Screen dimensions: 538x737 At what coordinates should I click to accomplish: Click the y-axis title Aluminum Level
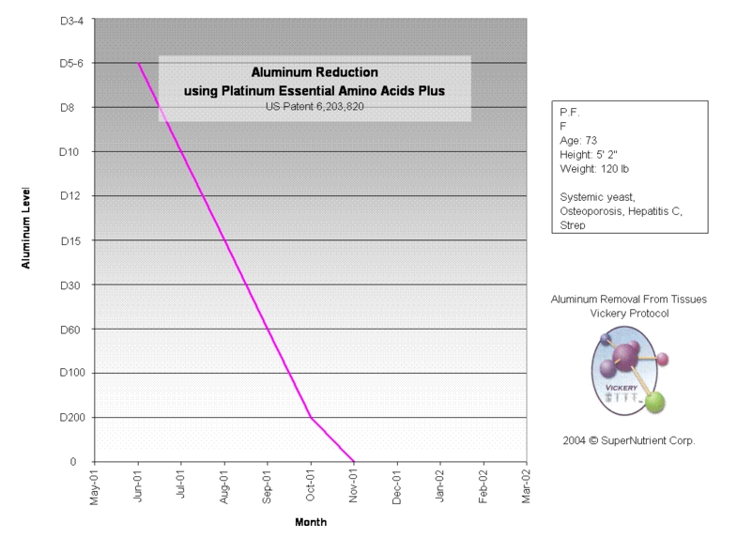click(27, 226)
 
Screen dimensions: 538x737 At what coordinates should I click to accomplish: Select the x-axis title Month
click(311, 523)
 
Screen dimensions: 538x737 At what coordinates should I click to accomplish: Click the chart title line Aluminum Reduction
click(315, 72)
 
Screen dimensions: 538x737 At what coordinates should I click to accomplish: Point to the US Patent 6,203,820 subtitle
click(315, 107)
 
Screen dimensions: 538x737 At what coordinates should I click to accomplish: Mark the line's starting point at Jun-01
click(139, 64)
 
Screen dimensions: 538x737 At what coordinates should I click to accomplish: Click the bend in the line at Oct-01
click(311, 418)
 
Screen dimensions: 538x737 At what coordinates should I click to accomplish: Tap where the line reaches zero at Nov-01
click(354, 462)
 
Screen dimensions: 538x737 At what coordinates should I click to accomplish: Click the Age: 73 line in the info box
click(579, 140)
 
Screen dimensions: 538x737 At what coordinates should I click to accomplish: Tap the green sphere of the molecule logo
click(655, 401)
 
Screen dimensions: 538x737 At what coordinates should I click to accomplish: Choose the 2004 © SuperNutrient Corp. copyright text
click(630, 439)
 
